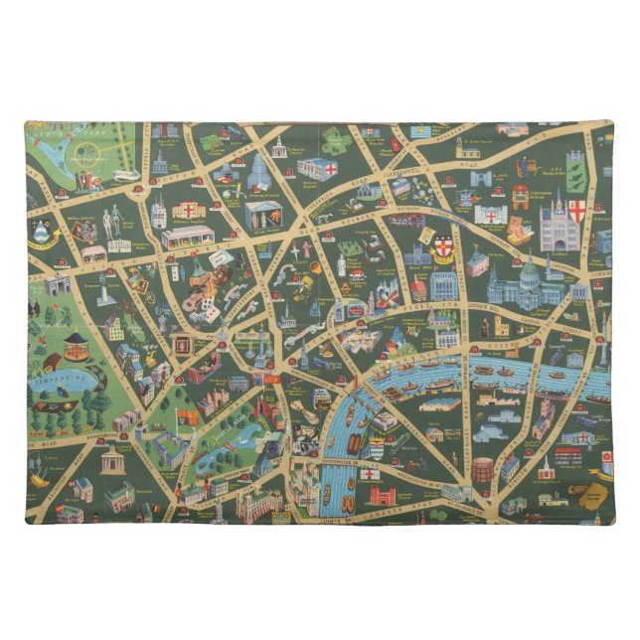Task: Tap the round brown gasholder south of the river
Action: (x=481, y=469)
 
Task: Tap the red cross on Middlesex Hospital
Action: (x=187, y=210)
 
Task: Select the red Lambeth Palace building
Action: (x=382, y=495)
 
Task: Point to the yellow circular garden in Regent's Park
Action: (x=87, y=154)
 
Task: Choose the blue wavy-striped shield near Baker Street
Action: (x=41, y=233)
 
